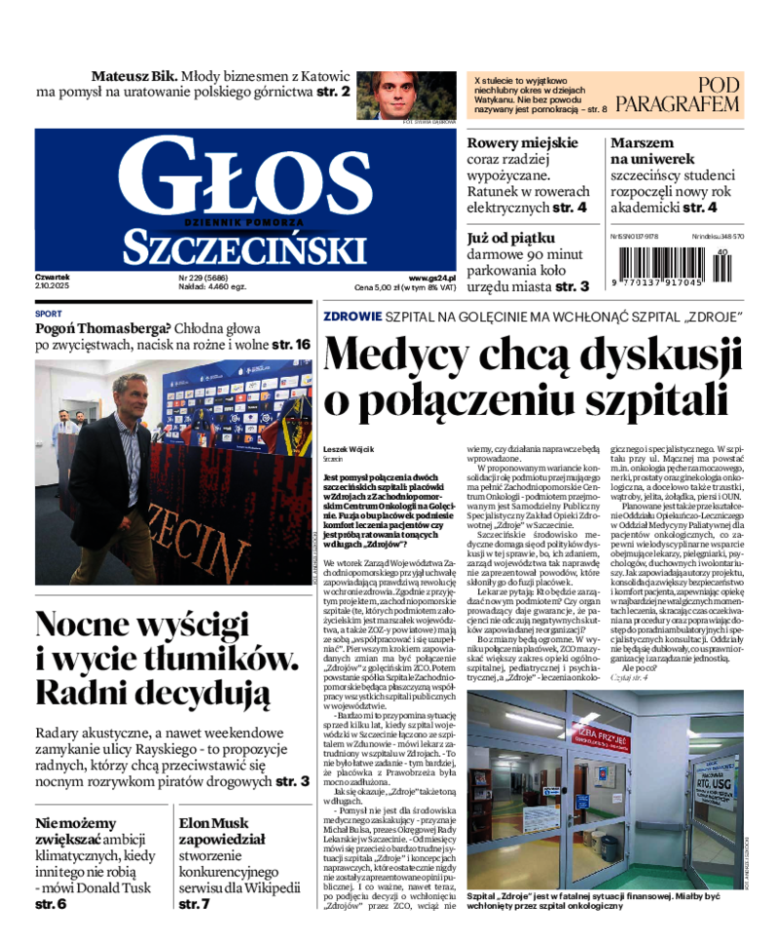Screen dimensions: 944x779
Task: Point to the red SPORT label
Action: (x=48, y=315)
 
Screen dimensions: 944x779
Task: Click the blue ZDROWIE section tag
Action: (x=352, y=317)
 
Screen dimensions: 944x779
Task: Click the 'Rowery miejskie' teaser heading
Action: (x=522, y=143)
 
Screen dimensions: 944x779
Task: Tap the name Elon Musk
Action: (x=214, y=822)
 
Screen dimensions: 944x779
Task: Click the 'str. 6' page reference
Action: (x=51, y=904)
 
